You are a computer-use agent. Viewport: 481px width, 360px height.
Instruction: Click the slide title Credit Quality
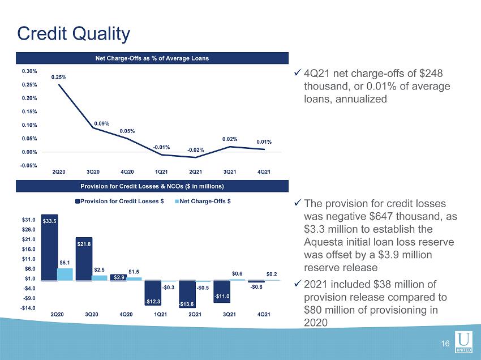[x=74, y=34]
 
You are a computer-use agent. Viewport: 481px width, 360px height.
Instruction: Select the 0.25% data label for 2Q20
[x=59, y=77]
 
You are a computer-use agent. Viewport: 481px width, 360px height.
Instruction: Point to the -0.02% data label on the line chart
[x=196, y=150]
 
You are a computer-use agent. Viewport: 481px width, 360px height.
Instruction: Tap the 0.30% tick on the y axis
[x=29, y=71]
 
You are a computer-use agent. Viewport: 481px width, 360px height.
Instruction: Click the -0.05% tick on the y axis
[x=28, y=166]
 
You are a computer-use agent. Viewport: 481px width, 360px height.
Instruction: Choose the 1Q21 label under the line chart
[x=161, y=172]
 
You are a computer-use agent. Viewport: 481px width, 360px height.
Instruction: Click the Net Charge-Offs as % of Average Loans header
[x=152, y=58]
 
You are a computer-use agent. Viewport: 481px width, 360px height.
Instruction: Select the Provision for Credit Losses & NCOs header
[x=152, y=186]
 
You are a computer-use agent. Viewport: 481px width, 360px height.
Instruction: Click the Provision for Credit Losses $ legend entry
[x=119, y=202]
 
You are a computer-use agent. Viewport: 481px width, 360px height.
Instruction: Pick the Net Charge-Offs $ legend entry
[x=203, y=202]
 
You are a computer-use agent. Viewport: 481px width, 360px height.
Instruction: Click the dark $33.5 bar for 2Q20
[x=49, y=247]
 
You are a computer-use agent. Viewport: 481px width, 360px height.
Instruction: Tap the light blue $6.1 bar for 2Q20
[x=65, y=275]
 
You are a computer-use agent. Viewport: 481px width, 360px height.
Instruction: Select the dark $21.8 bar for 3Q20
[x=84, y=259]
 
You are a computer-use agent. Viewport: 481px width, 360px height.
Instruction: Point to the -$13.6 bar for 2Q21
[x=187, y=294]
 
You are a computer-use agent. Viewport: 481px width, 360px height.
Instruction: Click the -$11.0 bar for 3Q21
[x=221, y=292]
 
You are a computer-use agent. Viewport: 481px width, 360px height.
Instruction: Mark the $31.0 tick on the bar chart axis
[x=28, y=220]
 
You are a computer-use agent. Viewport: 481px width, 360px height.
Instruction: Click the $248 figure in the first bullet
[x=431, y=74]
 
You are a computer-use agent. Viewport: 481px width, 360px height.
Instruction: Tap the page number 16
[x=445, y=344]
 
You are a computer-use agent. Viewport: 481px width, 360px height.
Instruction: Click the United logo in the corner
[x=463, y=342]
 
